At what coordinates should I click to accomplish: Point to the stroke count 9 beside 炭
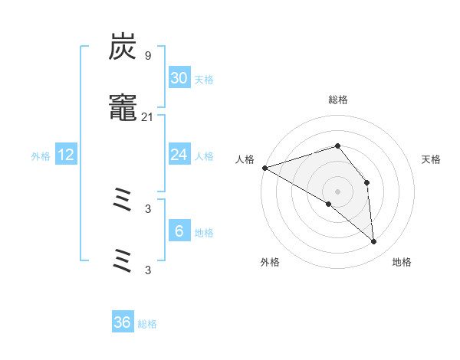click(147, 55)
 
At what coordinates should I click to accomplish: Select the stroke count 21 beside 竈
click(147, 116)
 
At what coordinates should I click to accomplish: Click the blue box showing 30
click(179, 78)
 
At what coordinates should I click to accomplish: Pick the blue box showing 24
click(179, 155)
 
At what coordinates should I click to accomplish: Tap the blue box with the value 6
click(179, 231)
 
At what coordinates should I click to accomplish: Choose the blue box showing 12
click(66, 155)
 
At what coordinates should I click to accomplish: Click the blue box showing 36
click(123, 322)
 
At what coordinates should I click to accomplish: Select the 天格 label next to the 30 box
click(204, 80)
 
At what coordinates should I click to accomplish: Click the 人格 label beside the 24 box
click(204, 156)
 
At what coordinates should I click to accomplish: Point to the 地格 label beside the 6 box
click(204, 233)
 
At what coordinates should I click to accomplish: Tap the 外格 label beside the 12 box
click(41, 156)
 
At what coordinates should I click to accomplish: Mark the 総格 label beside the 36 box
click(147, 324)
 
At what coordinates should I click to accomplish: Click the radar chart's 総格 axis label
click(337, 100)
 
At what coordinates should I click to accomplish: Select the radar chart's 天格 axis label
click(432, 159)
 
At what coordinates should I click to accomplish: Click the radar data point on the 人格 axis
click(264, 168)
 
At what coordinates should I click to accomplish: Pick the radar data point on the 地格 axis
click(373, 241)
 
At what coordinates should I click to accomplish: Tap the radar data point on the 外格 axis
click(329, 204)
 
